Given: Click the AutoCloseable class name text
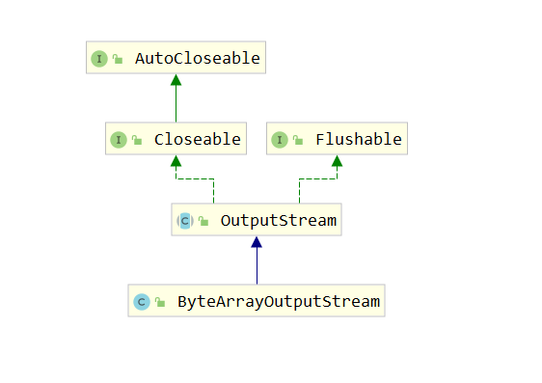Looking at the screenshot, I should point(197,58).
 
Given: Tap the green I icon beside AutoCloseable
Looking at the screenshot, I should point(98,58).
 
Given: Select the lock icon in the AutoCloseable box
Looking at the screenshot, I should point(118,59).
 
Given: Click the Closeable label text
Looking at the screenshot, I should point(197,139).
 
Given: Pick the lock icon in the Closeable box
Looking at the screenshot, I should point(137,140).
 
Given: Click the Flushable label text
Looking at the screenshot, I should point(358,139).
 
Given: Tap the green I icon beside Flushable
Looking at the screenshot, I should point(279,139).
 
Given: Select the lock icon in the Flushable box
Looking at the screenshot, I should point(298,140).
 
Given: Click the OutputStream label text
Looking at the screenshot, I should point(279,221).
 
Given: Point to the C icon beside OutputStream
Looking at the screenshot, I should point(184,221).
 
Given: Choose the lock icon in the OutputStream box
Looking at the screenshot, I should point(203,222).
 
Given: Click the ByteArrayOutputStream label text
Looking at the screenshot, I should point(279,301).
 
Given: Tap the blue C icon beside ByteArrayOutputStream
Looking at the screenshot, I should point(141,301).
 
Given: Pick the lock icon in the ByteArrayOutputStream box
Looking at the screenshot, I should point(160,302).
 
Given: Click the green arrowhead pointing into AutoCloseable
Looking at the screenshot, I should point(176,81).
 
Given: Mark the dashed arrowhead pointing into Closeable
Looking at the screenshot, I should point(176,162).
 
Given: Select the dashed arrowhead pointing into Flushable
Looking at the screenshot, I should point(337,162).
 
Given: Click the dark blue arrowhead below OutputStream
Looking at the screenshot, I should point(257,243).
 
